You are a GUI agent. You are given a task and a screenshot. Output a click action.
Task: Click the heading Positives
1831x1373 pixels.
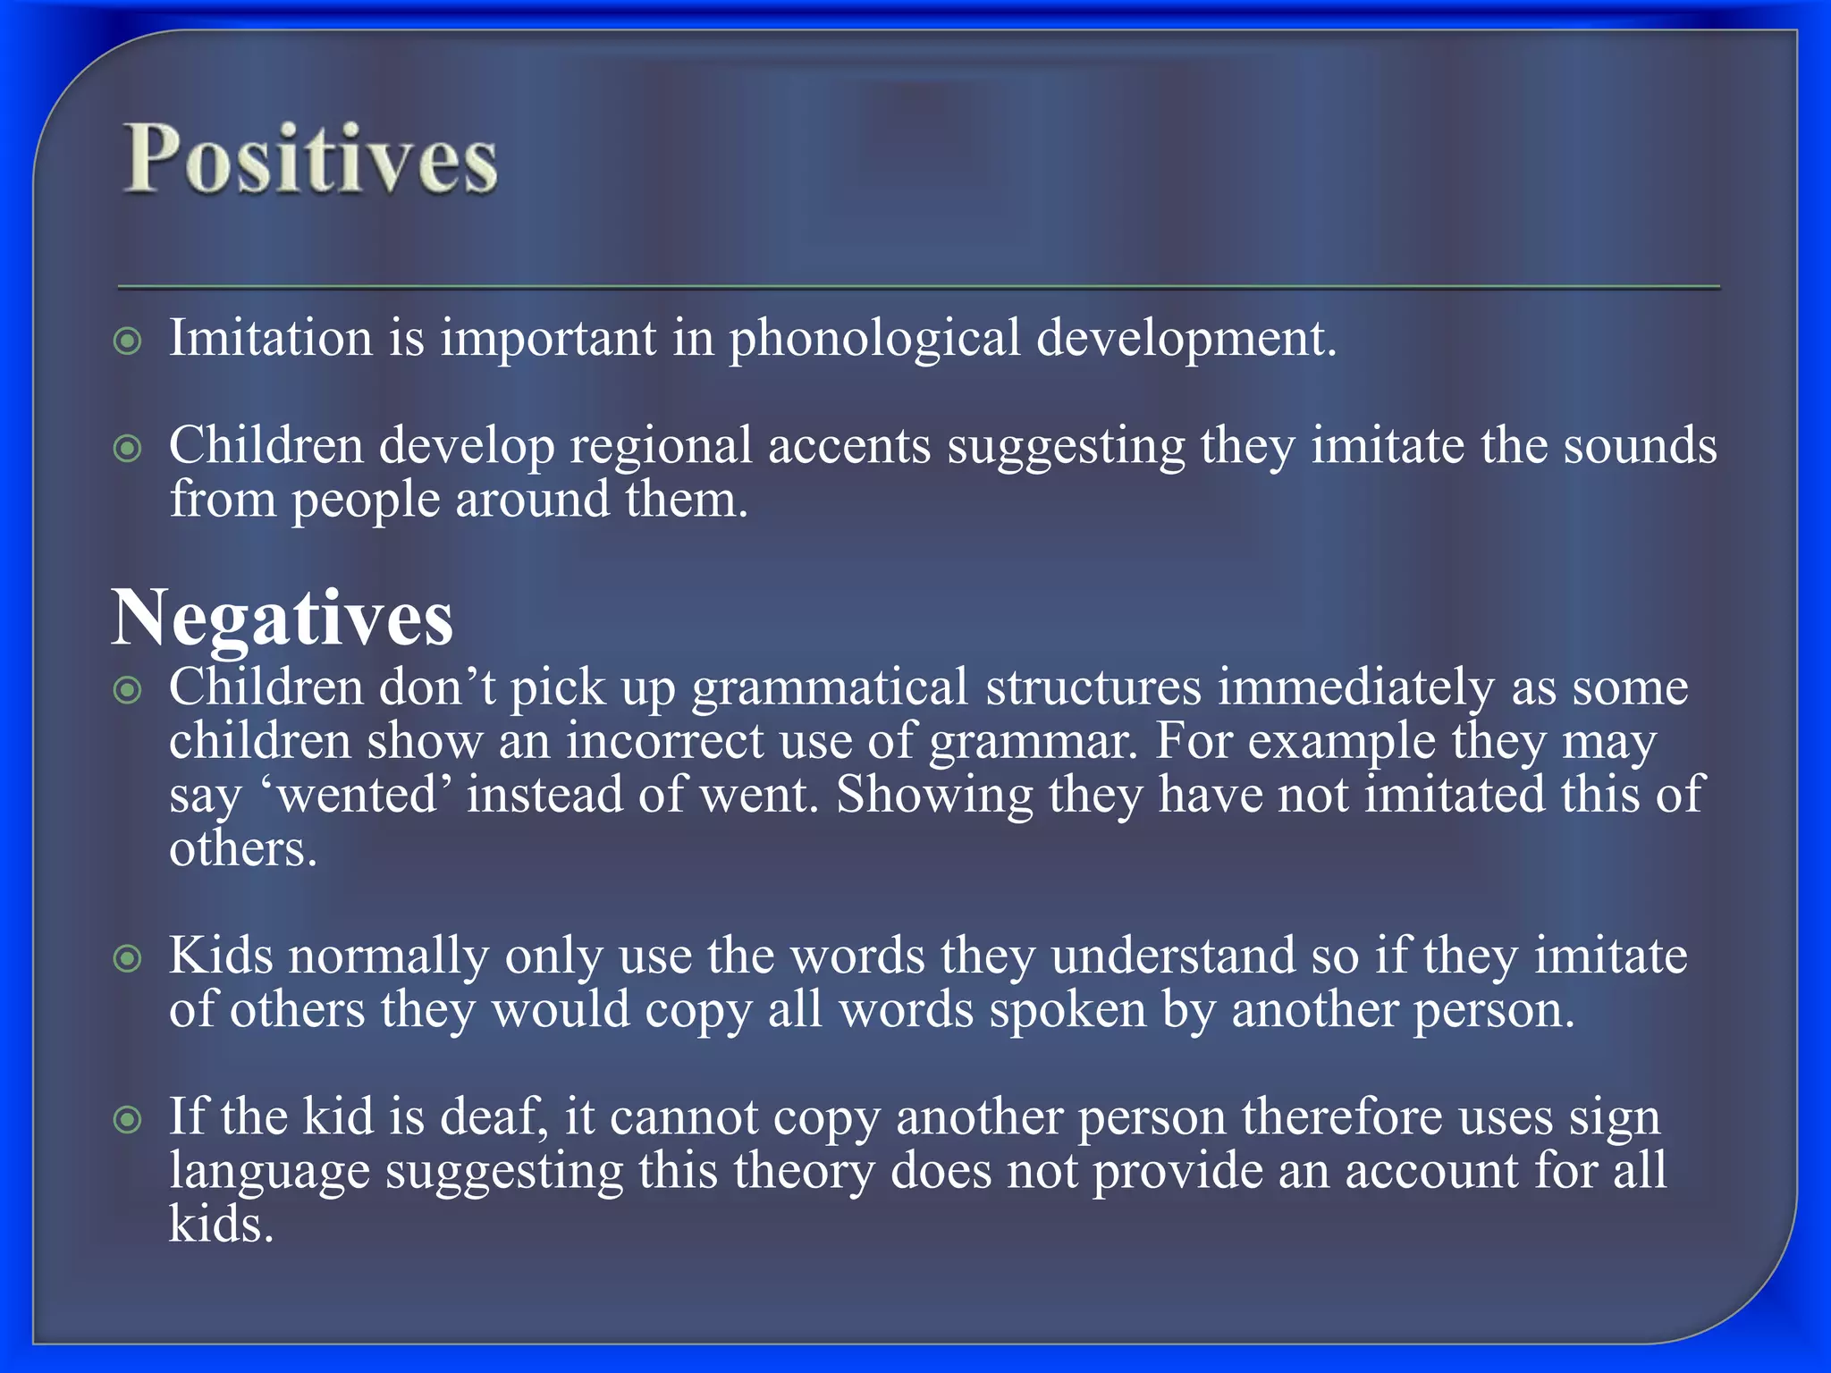click(310, 159)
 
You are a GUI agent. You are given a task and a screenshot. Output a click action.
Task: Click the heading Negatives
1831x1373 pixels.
click(283, 619)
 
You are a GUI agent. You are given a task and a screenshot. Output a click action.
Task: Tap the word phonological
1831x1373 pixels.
click(874, 340)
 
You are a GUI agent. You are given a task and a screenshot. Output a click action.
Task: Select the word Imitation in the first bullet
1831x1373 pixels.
click(271, 338)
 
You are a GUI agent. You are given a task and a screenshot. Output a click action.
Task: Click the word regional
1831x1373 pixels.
click(662, 447)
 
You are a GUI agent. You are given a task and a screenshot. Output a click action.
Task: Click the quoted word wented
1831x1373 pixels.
click(357, 796)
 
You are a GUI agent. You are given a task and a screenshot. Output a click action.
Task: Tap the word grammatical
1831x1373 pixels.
click(830, 688)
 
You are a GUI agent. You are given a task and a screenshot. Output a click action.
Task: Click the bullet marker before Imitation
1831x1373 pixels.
click(129, 341)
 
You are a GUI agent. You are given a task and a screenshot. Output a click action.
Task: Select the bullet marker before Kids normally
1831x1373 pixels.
click(129, 959)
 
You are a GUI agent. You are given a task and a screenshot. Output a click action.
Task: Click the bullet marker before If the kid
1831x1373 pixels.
click(129, 1120)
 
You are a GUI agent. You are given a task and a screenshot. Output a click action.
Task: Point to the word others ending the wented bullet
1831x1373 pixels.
click(243, 849)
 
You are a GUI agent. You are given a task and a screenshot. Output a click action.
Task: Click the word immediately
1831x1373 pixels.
click(1355, 688)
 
